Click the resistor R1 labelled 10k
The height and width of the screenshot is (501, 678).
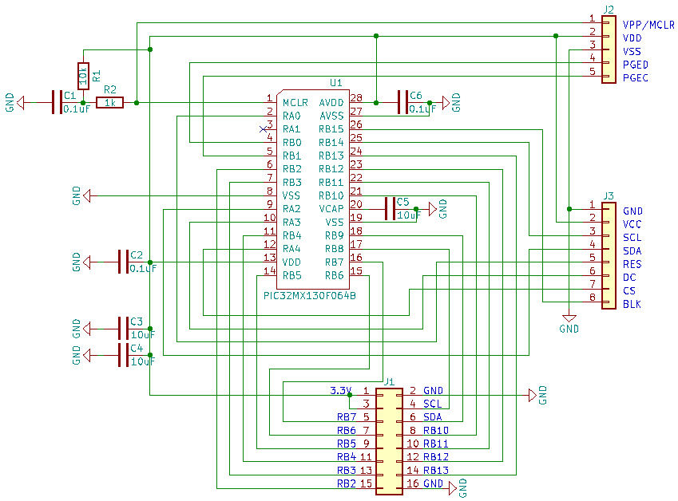tap(83, 76)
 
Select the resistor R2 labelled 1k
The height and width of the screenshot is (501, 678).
tap(109, 103)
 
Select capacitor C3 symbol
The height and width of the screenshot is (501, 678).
tap(124, 328)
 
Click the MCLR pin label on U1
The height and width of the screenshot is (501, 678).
tap(295, 103)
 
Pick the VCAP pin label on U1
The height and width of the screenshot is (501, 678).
tap(331, 209)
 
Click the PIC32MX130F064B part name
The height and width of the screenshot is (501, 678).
tap(309, 295)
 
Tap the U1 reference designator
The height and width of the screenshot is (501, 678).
tap(336, 82)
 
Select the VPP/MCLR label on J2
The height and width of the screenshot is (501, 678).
tap(648, 25)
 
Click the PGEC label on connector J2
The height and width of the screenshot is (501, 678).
tap(636, 78)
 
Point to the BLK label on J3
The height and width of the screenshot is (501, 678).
tap(632, 305)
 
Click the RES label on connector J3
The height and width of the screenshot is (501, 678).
tap(632, 264)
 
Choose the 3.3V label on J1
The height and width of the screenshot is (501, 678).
tap(340, 391)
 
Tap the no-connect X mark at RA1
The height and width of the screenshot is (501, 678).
tap(264, 129)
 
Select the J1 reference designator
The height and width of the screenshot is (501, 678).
tap(389, 381)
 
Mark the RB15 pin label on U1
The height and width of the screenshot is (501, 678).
tap(331, 129)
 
